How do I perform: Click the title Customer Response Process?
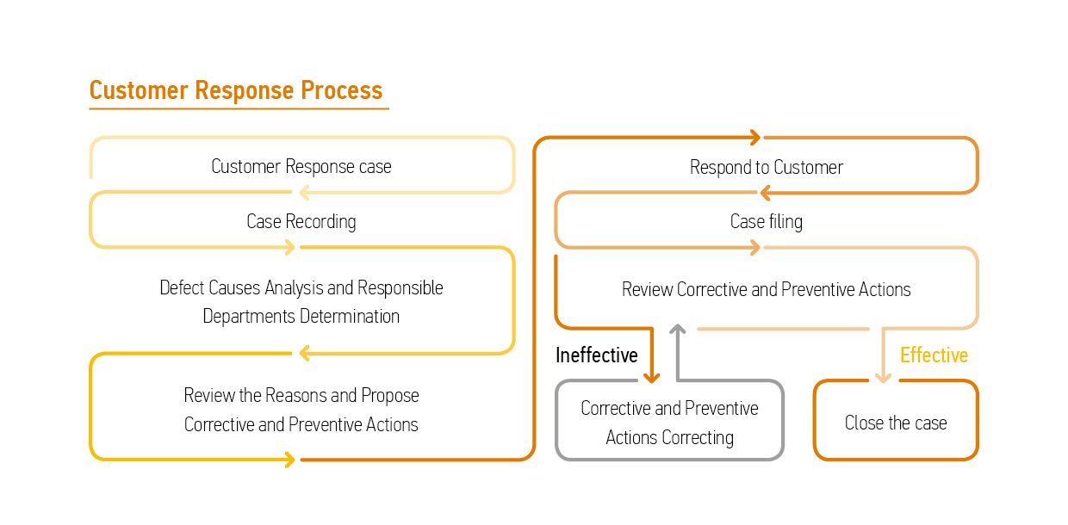pos(236,90)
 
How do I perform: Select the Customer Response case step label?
pos(301,167)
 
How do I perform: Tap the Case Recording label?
pos(301,221)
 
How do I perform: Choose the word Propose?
pos(390,396)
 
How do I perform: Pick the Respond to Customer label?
pos(767,167)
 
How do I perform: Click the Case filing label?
pos(767,221)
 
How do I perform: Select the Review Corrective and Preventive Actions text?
pos(767,290)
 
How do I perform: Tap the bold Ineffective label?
pos(597,355)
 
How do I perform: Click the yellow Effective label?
pos(934,355)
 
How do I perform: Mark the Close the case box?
pos(814,420)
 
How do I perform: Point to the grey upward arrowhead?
pos(678,329)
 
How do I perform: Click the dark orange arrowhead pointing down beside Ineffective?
pos(652,378)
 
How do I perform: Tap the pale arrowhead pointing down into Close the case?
pos(884,378)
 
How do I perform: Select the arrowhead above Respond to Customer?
pos(755,137)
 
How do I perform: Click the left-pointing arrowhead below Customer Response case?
pos(304,193)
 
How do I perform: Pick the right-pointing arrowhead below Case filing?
pos(755,248)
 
